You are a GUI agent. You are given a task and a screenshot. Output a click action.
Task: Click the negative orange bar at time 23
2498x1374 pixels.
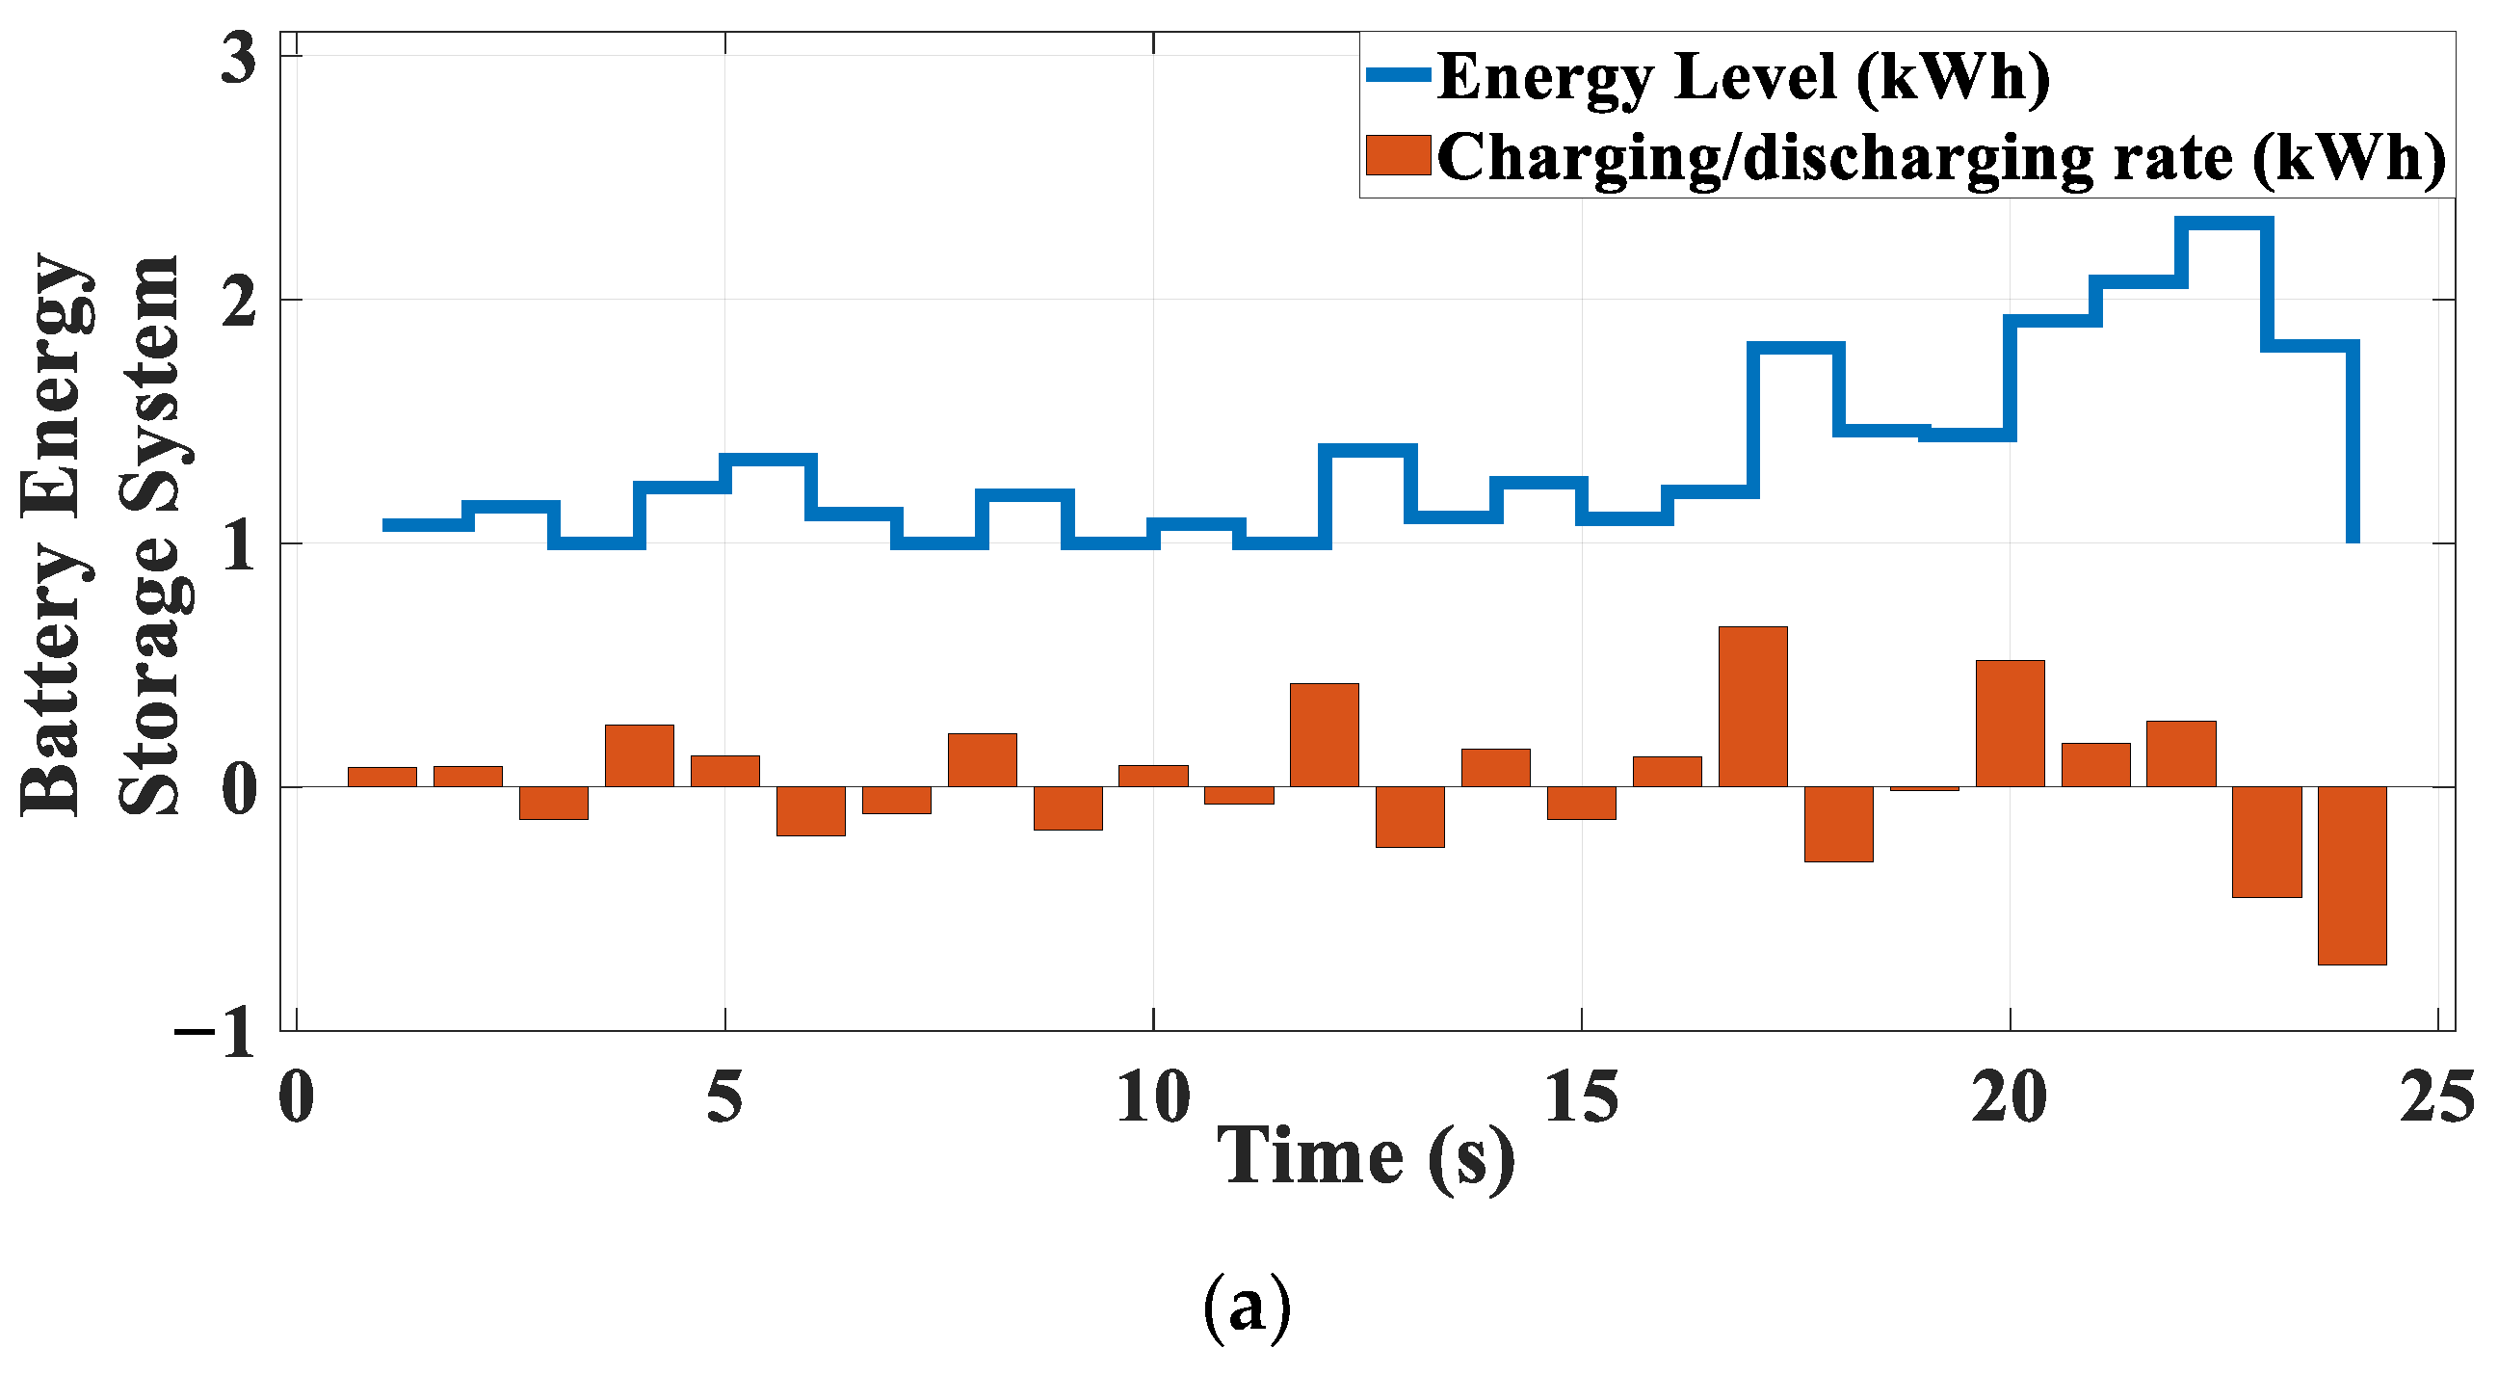pyautogui.click(x=2266, y=841)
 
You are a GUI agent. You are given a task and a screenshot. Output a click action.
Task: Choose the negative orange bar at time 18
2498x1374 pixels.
pyautogui.click(x=1838, y=823)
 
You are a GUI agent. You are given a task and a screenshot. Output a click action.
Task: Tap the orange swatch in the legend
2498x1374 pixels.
pyautogui.click(x=1398, y=155)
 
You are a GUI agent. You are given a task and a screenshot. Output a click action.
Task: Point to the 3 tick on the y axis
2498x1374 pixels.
pyautogui.click(x=239, y=58)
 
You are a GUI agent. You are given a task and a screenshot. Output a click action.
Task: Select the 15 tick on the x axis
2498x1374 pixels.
pyautogui.click(x=1581, y=1097)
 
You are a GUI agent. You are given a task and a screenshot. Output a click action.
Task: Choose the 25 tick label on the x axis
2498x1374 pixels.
pyautogui.click(x=2436, y=1097)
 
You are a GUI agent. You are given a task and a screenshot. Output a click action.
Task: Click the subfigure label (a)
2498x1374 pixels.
pyautogui.click(x=1247, y=1307)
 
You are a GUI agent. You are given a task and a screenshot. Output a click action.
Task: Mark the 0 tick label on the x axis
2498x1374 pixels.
pyautogui.click(x=296, y=1097)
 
